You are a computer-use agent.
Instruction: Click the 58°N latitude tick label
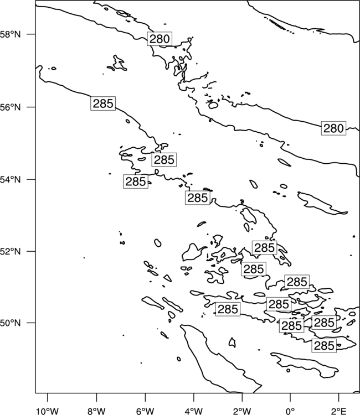(x=10, y=34)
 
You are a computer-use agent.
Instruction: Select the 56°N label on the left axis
(x=10, y=107)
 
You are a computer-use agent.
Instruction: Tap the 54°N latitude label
(x=10, y=180)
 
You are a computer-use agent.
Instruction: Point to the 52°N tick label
(x=10, y=251)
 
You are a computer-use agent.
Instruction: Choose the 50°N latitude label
(x=10, y=323)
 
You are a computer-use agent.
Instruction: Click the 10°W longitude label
(x=48, y=411)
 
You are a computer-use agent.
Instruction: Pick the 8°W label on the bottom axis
(x=96, y=411)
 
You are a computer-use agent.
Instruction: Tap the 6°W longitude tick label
(x=145, y=411)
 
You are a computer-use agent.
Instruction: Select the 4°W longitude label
(x=194, y=411)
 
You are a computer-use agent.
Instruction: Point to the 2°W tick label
(x=242, y=411)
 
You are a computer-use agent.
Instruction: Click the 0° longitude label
(x=290, y=411)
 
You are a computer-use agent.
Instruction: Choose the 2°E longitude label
(x=339, y=411)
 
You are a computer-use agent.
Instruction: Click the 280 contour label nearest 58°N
(x=160, y=39)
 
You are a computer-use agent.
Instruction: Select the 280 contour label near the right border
(x=333, y=128)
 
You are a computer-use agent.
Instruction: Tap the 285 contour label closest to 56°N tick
(x=103, y=103)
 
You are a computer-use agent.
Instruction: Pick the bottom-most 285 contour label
(x=324, y=346)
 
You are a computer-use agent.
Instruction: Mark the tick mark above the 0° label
(x=290, y=397)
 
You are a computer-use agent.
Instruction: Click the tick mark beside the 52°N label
(x=32, y=251)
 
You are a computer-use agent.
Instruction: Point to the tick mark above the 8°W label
(x=96, y=397)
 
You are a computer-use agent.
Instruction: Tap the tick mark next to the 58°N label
(x=32, y=34)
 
